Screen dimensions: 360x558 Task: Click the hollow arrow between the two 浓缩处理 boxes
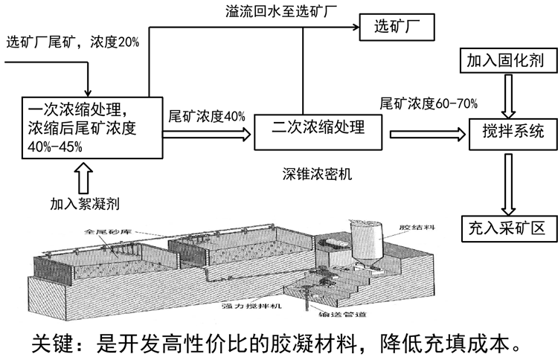[207, 134]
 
